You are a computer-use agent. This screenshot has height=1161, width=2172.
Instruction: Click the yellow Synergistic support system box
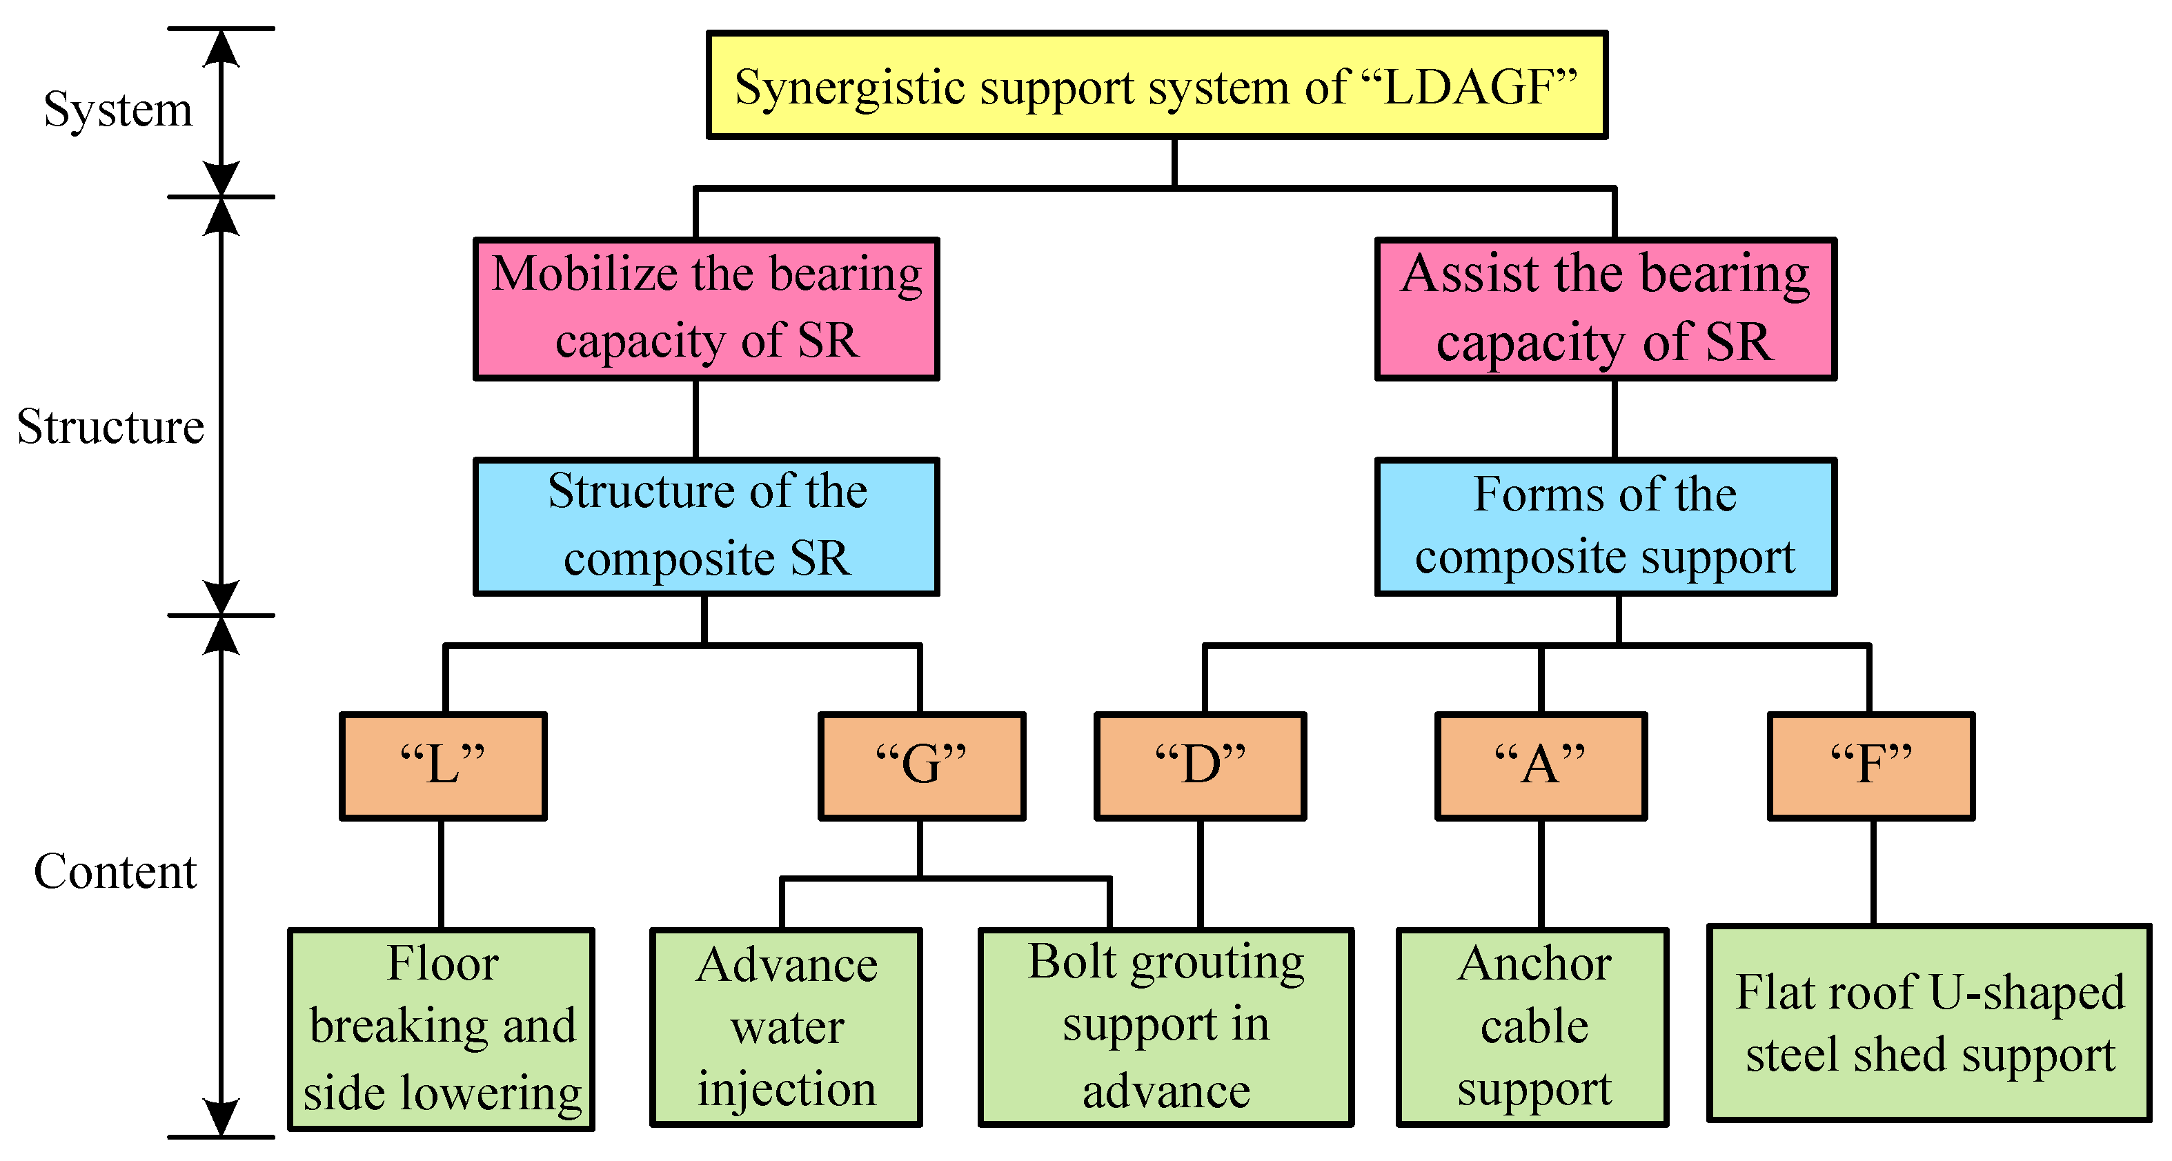click(1156, 85)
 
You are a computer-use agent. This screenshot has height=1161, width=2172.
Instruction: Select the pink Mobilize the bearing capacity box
click(706, 308)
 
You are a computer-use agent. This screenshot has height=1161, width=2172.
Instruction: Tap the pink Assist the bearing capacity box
click(1605, 308)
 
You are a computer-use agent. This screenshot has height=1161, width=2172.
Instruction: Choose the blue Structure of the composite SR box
click(706, 526)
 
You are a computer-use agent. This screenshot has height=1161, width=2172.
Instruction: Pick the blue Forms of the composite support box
click(1605, 526)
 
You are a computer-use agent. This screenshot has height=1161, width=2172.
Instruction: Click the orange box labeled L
click(443, 766)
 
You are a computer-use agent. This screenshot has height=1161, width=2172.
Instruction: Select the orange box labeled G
click(922, 766)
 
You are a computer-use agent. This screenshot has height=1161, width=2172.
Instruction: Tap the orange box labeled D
click(1200, 766)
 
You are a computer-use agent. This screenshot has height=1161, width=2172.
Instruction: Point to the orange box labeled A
click(1541, 766)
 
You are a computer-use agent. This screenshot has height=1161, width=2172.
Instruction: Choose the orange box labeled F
click(1871, 766)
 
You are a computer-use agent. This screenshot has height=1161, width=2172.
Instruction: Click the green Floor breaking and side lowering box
click(441, 1029)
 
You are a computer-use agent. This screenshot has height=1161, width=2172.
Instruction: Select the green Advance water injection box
click(786, 1027)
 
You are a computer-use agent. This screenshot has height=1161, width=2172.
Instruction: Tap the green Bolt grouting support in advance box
click(1165, 1027)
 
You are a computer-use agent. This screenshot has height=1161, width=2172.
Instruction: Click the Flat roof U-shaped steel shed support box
click(1929, 1023)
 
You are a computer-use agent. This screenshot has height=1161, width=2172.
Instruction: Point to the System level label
click(118, 110)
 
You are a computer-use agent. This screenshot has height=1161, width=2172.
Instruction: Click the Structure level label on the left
click(110, 426)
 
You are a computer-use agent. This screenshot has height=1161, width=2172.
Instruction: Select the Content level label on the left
click(115, 871)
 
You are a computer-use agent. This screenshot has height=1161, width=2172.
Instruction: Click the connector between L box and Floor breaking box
click(441, 873)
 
